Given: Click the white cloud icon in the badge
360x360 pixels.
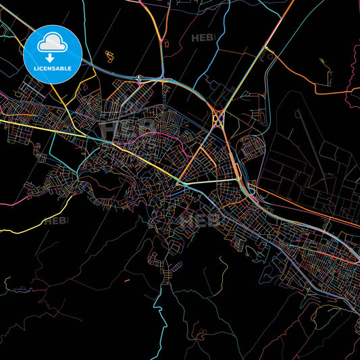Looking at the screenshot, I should pyautogui.click(x=52, y=44).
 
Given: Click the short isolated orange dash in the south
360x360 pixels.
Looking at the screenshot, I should pyautogui.click(x=126, y=280).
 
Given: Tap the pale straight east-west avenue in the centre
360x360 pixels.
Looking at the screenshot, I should pyautogui.click(x=209, y=182).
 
